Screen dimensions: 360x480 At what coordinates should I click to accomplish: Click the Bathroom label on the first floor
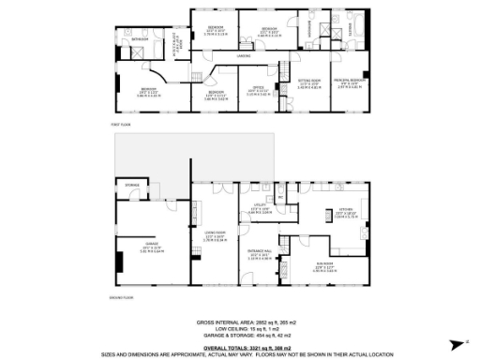pos(142,39)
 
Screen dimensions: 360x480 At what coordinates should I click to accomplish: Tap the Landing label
pos(243,57)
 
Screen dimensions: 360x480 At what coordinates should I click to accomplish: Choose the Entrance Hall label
pos(258,252)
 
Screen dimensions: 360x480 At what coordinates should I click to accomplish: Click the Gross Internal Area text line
pos(239,322)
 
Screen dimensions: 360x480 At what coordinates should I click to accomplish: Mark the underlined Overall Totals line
pos(239,346)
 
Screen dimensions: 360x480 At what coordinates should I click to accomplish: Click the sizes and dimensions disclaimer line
pos(239,353)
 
